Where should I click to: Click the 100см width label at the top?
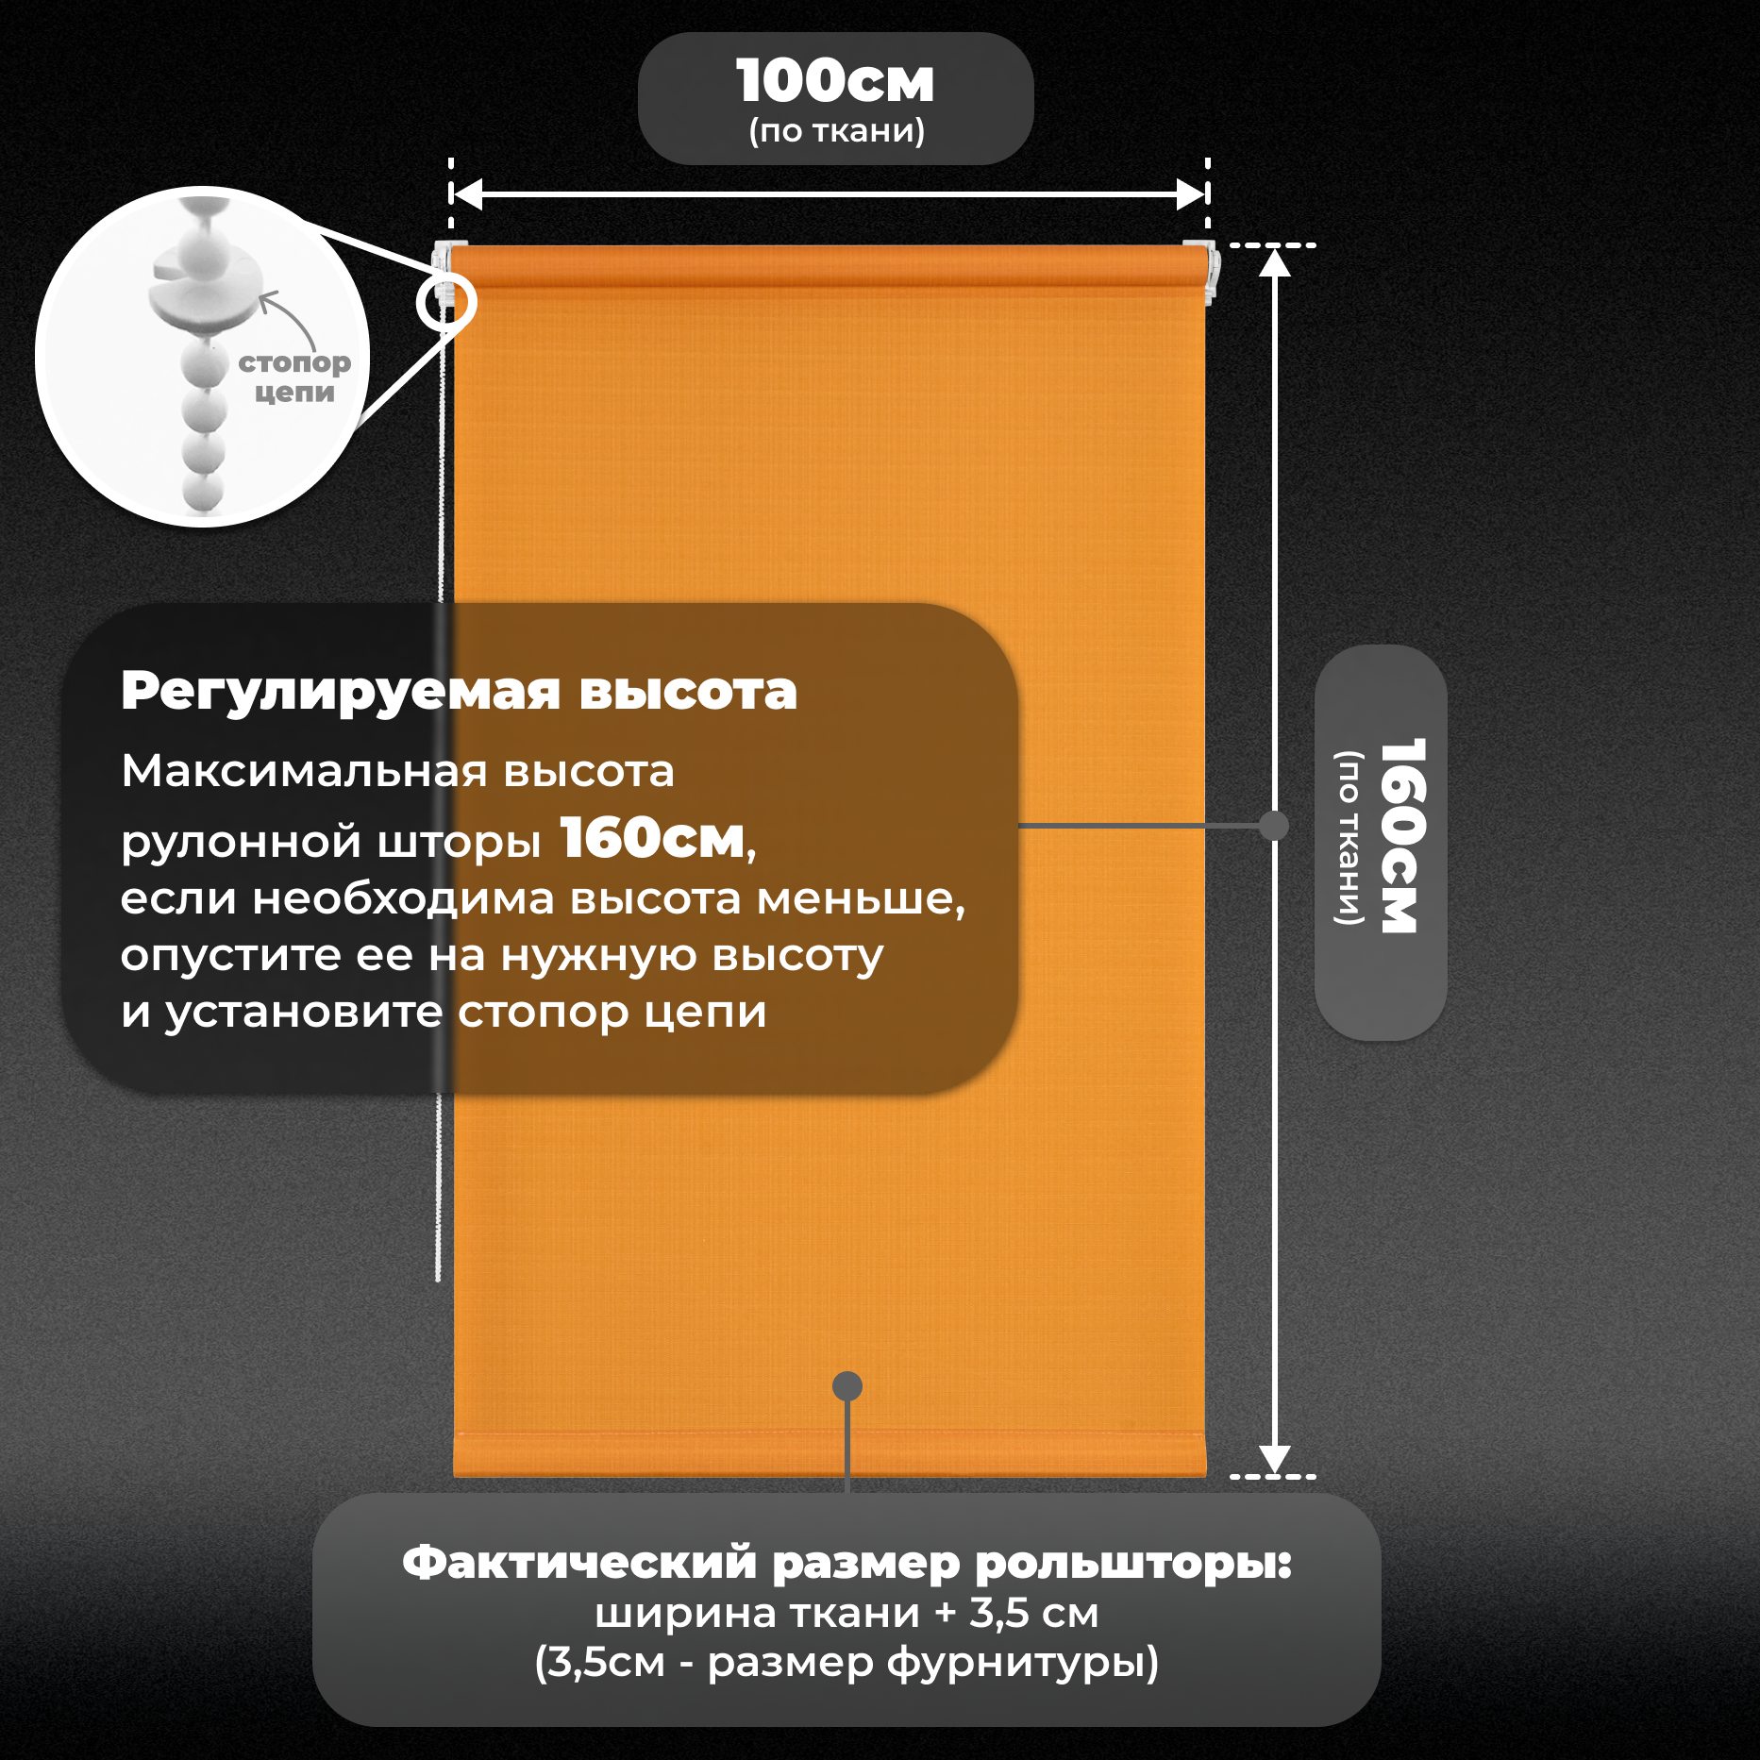835,81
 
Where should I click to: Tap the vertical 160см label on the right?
1400,836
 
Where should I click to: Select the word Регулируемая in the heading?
340,692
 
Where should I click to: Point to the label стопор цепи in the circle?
293,377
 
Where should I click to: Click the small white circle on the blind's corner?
446,303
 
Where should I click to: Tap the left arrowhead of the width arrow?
467,194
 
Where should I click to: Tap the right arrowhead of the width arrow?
1191,194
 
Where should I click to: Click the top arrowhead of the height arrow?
1275,262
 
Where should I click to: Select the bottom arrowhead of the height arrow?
1275,1458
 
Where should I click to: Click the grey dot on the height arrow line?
1274,826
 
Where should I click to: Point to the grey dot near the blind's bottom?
847,1385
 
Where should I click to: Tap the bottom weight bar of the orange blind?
829,1454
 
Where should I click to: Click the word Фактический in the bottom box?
579,1563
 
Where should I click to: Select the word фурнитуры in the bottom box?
1022,1663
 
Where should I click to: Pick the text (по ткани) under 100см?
836,130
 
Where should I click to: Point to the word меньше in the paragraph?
860,899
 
